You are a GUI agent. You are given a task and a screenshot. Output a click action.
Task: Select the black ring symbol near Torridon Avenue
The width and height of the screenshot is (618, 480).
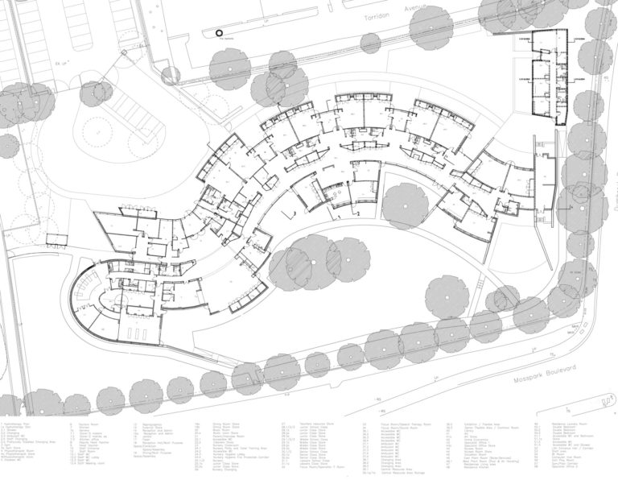tap(218, 31)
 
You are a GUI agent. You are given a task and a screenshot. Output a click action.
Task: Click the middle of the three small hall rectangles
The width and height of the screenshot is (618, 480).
tap(136, 311)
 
